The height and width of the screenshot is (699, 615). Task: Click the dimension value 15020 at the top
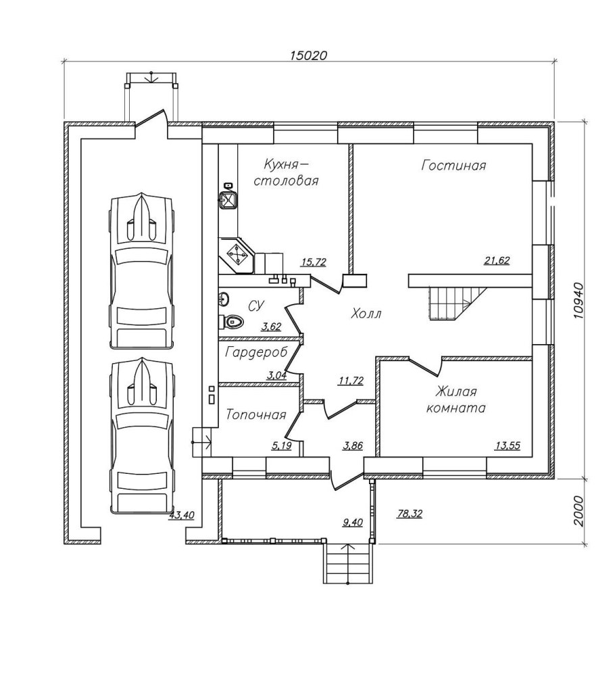tap(308, 55)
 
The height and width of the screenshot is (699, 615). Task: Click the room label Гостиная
tap(453, 166)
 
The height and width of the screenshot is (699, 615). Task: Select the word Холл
tap(366, 314)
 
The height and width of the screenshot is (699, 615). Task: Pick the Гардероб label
tap(256, 352)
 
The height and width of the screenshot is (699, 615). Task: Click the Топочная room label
tap(255, 414)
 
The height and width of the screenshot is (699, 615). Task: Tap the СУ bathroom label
tap(255, 306)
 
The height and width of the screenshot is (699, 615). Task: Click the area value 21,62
tap(497, 260)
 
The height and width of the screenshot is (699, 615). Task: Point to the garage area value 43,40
tap(181, 515)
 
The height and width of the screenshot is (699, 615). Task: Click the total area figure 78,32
tap(410, 514)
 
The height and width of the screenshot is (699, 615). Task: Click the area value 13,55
tap(508, 445)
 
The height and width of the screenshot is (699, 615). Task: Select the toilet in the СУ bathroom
tap(232, 321)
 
